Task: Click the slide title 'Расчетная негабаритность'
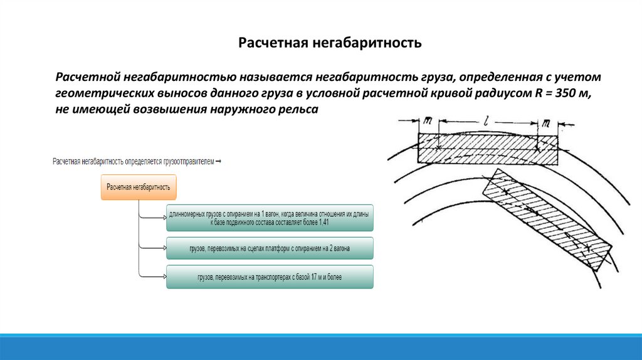(330, 43)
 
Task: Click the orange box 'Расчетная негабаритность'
(139, 187)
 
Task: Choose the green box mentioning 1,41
(270, 218)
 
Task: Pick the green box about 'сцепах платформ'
(270, 248)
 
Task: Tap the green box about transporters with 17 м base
(270, 277)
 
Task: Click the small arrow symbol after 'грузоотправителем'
(218, 162)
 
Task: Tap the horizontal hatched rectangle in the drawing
(487, 148)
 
